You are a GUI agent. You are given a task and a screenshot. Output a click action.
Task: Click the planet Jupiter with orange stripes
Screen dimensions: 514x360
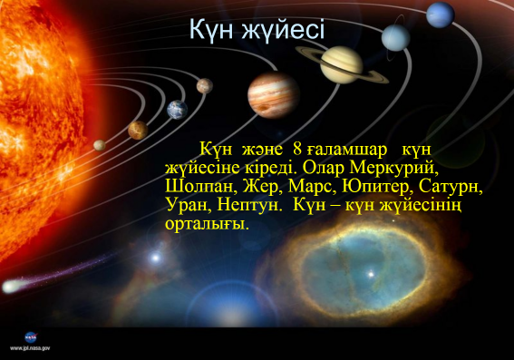tap(274, 94)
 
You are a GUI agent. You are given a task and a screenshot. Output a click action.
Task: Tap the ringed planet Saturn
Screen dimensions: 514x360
tap(342, 64)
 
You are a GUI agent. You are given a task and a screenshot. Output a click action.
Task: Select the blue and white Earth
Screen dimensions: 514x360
tap(177, 110)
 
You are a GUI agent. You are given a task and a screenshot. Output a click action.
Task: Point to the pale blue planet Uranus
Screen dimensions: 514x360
tap(395, 37)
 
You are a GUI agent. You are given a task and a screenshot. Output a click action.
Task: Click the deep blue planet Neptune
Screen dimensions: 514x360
tap(441, 15)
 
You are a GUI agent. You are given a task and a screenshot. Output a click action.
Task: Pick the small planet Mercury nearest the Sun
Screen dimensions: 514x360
tap(100, 145)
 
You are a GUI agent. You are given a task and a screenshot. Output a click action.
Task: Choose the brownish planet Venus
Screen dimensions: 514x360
tap(138, 130)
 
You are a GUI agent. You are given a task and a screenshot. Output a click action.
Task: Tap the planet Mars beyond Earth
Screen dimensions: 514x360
tap(205, 86)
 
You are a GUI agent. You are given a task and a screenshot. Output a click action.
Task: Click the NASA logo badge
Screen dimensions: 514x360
tap(31, 337)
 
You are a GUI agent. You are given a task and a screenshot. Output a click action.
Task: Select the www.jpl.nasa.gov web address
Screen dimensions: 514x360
tap(30, 348)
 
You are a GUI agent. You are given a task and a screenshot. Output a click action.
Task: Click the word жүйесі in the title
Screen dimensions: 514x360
tap(283, 30)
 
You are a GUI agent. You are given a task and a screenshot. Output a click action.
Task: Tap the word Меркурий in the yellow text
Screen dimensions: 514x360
tap(394, 168)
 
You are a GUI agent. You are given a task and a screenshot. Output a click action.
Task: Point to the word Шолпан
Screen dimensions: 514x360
tap(201, 187)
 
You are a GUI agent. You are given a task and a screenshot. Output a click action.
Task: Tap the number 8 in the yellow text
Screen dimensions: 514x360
tap(297, 150)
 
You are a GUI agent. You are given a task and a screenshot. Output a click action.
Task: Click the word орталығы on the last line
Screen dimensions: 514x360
tap(207, 224)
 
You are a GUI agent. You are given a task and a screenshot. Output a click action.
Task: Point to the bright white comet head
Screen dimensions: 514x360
tap(11, 287)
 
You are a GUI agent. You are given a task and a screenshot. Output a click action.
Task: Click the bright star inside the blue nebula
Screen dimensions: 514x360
tap(371, 274)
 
